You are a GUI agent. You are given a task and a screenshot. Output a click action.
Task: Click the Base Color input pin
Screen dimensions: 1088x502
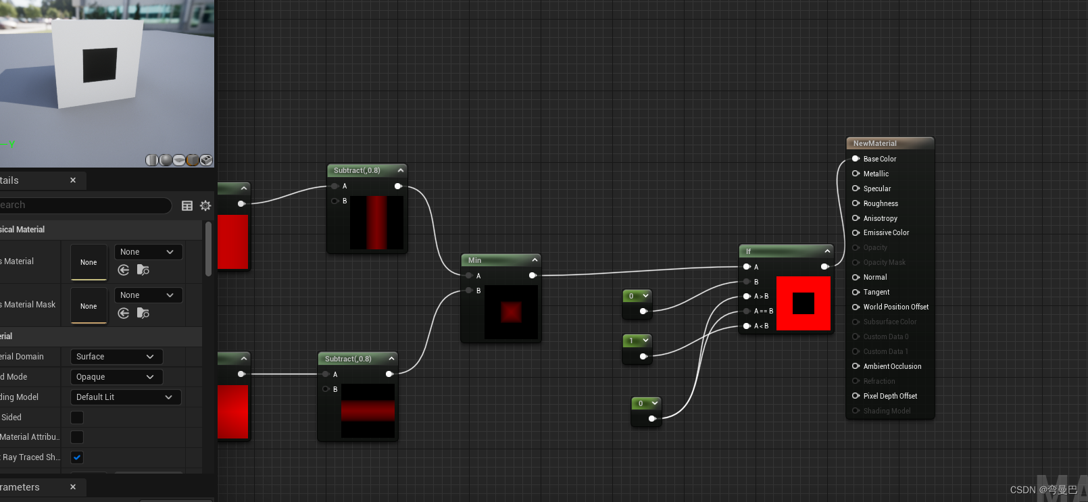click(x=856, y=159)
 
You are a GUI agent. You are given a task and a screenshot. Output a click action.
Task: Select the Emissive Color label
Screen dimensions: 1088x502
click(x=886, y=232)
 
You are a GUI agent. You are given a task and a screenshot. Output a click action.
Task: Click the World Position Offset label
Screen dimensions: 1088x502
click(x=895, y=307)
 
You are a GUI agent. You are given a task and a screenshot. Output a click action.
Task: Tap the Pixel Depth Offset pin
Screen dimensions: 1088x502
click(x=856, y=396)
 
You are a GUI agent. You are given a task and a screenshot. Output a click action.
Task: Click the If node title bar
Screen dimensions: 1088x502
click(x=777, y=251)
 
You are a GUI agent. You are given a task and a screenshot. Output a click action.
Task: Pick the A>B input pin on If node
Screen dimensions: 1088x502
click(x=747, y=296)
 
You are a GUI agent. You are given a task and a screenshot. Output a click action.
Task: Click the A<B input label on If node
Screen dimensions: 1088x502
click(x=761, y=326)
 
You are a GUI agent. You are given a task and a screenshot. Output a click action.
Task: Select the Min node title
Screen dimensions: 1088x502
click(x=475, y=260)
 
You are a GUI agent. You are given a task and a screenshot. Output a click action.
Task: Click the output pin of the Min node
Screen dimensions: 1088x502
click(x=533, y=276)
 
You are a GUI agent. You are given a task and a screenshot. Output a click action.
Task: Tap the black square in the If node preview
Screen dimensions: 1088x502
click(x=803, y=303)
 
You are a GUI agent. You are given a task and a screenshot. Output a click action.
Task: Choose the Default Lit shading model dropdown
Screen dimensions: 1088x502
click(x=125, y=397)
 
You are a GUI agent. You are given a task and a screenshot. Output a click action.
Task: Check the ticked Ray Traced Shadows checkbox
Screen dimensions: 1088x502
click(x=77, y=457)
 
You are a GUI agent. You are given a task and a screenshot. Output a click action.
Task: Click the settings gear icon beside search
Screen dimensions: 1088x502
click(x=205, y=205)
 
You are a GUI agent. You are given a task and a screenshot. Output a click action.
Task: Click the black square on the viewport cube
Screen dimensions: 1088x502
click(x=100, y=64)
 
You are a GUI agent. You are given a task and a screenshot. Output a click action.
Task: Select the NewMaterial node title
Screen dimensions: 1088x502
click(x=875, y=143)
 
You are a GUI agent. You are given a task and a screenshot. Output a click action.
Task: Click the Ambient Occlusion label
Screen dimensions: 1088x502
click(x=892, y=366)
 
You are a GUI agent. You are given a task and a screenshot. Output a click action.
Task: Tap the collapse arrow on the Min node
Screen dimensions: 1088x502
click(x=535, y=260)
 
